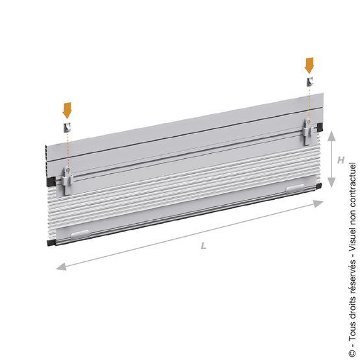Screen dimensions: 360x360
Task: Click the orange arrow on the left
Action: (67, 110)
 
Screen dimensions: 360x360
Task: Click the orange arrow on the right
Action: (309, 66)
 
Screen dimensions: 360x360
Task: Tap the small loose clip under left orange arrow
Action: (67, 127)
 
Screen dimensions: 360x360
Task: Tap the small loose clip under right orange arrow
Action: (309, 82)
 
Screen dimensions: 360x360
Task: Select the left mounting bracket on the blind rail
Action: (67, 180)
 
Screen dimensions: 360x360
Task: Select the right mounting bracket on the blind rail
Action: (307, 132)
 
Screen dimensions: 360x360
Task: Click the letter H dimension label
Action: (341, 160)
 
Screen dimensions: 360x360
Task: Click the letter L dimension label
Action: (204, 246)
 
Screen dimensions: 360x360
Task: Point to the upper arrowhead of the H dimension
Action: (331, 136)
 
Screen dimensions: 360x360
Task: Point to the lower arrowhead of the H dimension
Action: (331, 182)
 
